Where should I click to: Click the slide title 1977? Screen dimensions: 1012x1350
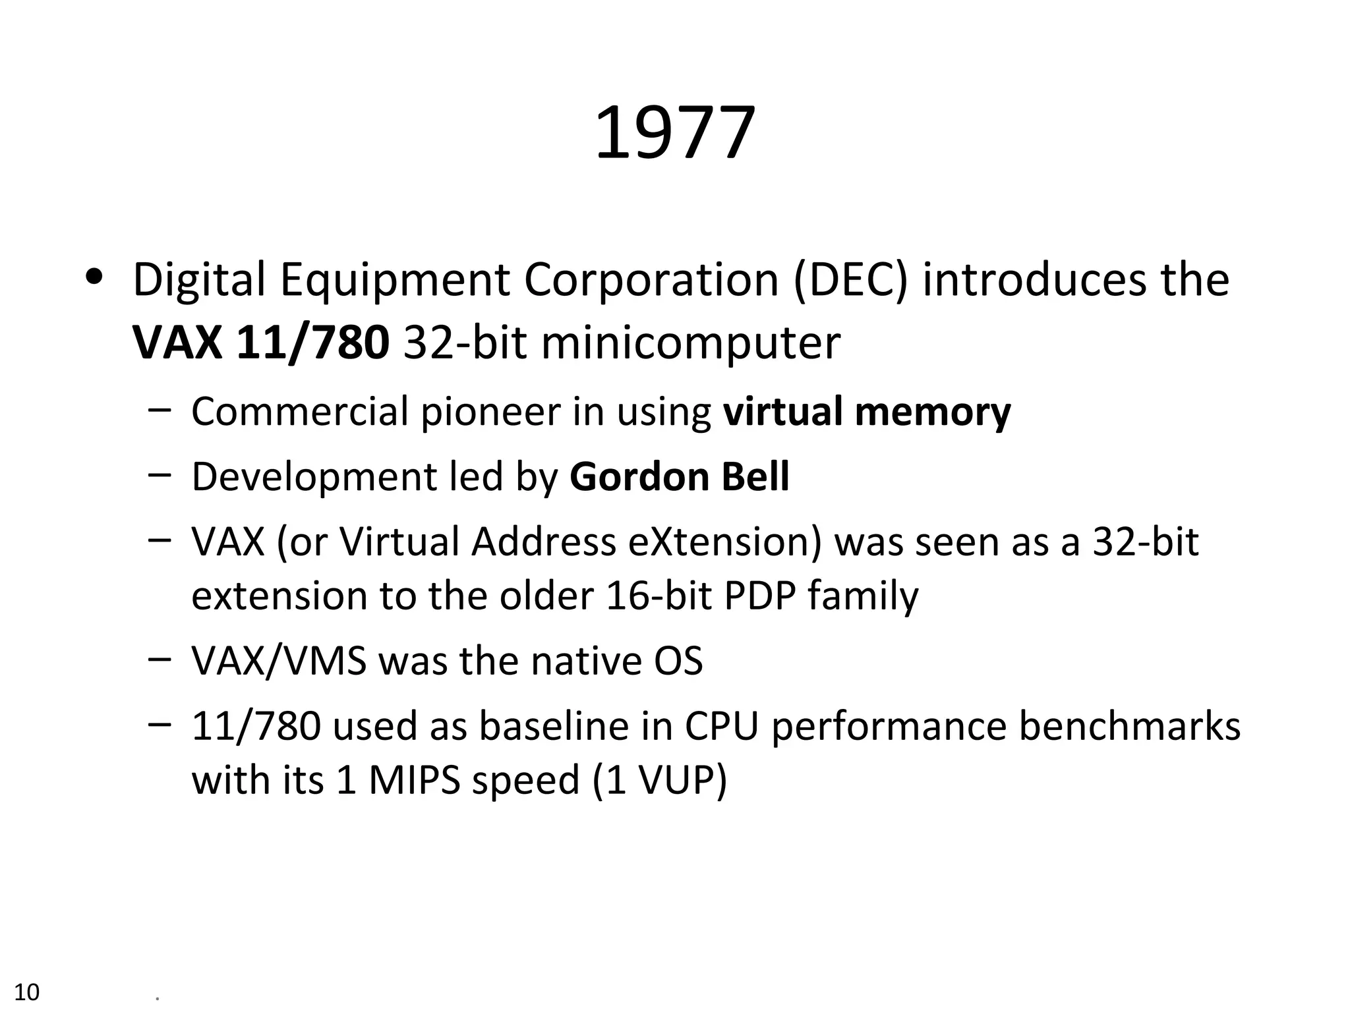point(674,134)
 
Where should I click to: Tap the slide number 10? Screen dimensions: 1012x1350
point(27,992)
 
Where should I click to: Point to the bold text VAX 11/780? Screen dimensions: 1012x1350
point(261,343)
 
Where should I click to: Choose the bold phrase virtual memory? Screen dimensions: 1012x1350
point(866,412)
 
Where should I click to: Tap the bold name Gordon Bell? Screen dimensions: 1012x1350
point(679,476)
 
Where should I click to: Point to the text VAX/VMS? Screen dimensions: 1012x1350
point(278,661)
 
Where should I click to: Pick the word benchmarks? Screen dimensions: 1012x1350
point(1129,726)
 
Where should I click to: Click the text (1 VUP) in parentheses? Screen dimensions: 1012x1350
point(659,780)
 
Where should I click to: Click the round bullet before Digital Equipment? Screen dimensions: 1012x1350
point(94,277)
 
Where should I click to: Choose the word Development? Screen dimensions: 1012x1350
point(314,476)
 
